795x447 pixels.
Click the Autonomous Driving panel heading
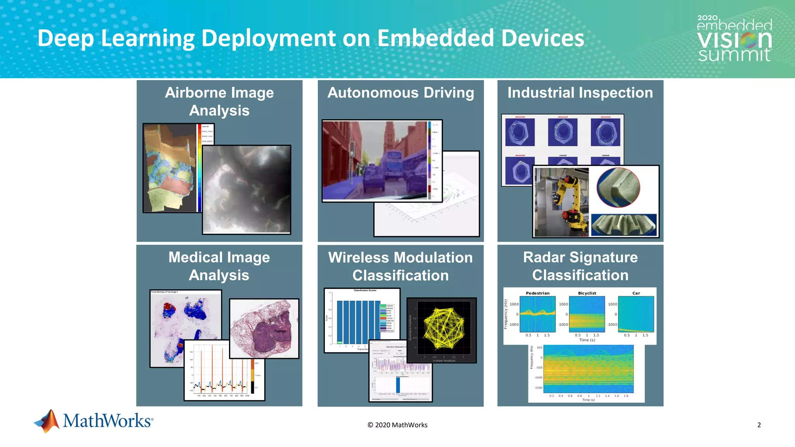[x=401, y=93]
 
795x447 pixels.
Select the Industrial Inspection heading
[x=580, y=93]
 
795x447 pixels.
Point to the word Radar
[x=542, y=257]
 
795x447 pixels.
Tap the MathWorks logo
[x=94, y=421]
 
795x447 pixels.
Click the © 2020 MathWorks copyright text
[x=397, y=425]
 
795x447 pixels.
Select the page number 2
[x=759, y=425]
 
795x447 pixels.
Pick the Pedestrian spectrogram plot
[x=538, y=314]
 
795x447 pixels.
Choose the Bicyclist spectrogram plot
[x=587, y=314]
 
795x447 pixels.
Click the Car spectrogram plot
[x=636, y=314]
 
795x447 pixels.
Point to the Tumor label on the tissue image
[x=280, y=331]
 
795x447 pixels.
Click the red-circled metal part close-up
[x=618, y=187]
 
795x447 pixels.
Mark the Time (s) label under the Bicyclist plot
[x=587, y=340]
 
